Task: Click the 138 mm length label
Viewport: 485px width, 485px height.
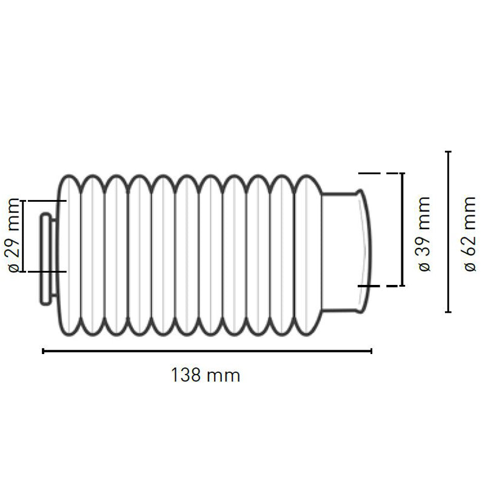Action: pyautogui.click(x=206, y=375)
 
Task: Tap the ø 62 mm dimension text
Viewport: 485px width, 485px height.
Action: pyautogui.click(x=470, y=233)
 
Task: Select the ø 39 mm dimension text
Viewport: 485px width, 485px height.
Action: pyautogui.click(x=424, y=233)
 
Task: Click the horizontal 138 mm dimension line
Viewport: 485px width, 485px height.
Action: pyautogui.click(x=206, y=350)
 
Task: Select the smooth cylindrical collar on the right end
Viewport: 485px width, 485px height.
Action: pyautogui.click(x=343, y=252)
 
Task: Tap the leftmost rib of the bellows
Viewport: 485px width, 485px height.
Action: pyautogui.click(x=69, y=255)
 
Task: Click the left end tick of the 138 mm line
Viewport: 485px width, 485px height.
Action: pyautogui.click(x=43, y=350)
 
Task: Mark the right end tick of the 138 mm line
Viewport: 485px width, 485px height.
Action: pyautogui.click(x=371, y=350)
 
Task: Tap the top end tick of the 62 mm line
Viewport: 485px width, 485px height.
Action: pyautogui.click(x=448, y=152)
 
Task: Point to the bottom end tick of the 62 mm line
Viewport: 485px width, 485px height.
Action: pyautogui.click(x=448, y=312)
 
